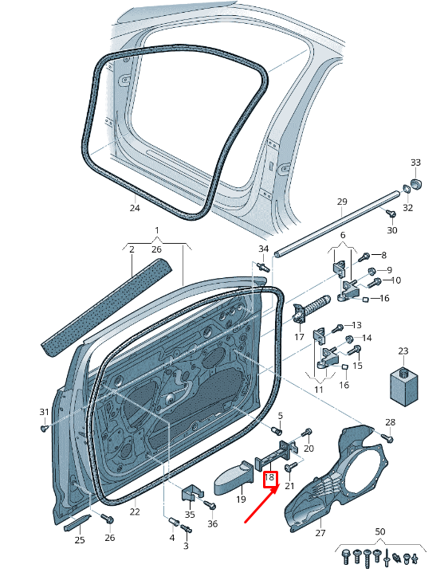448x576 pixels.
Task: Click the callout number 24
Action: tap(135, 208)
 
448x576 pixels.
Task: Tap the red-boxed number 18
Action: tap(269, 479)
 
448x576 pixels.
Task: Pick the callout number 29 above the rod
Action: tap(342, 202)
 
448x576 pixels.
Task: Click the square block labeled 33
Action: tap(416, 186)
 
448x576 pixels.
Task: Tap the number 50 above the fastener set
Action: tap(379, 531)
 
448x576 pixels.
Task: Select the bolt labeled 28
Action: tap(387, 437)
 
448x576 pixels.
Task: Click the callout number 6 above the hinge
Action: tap(343, 236)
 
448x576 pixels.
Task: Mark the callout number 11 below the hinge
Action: tap(318, 390)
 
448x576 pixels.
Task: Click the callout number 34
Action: tap(263, 250)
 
